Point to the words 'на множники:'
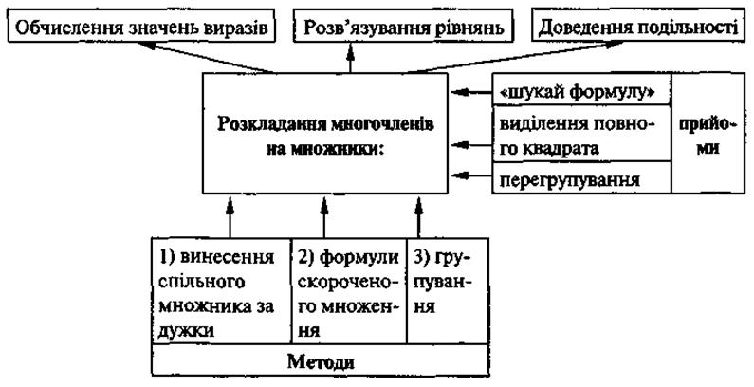click(x=325, y=148)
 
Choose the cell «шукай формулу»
click(x=580, y=89)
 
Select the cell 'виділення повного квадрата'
click(x=580, y=133)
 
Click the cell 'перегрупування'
click(x=580, y=177)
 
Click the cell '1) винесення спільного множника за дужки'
click(x=222, y=290)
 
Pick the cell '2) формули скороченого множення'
click(x=349, y=290)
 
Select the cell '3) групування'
click(x=448, y=290)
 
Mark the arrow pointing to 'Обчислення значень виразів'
click(x=211, y=58)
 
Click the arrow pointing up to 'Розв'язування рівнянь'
click(x=350, y=58)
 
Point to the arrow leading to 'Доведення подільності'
click(x=513, y=58)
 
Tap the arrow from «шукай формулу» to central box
click(x=470, y=91)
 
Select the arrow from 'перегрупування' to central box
click(x=470, y=177)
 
